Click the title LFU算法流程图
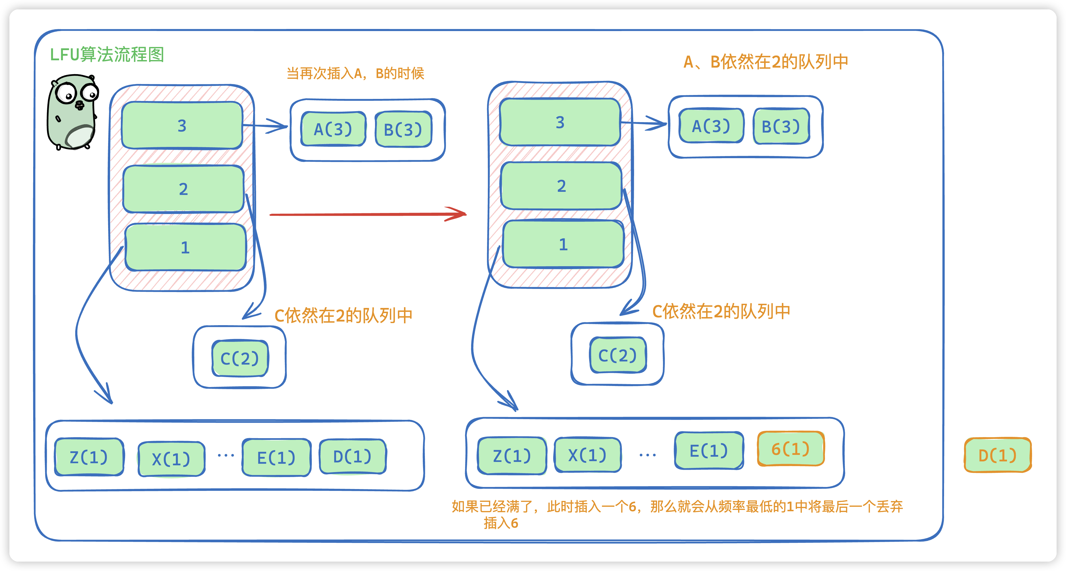coord(107,55)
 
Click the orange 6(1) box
coord(790,449)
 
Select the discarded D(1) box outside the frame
coord(997,455)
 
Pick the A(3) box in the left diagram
coord(333,129)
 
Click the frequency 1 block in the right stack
coord(563,244)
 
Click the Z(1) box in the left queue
coord(89,457)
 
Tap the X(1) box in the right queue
coord(587,455)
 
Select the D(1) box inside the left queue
coord(352,456)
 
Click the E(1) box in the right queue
coord(708,450)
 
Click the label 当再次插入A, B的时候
coord(355,73)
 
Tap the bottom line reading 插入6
coord(501,523)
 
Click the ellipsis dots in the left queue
coord(226,455)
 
